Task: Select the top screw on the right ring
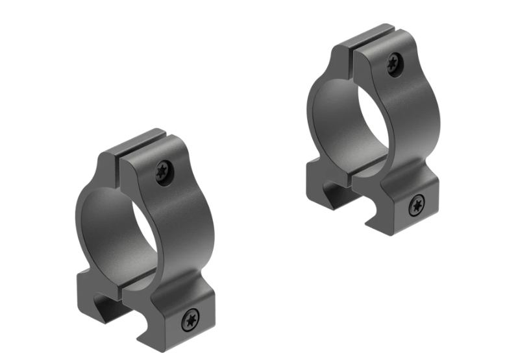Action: pyautogui.click(x=394, y=63)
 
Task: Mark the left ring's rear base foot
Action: pyautogui.click(x=88, y=292)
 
